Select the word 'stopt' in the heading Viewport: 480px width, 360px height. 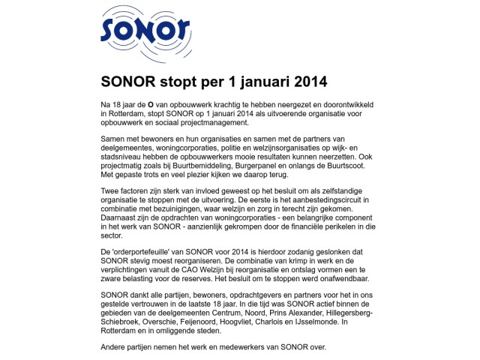176,80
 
